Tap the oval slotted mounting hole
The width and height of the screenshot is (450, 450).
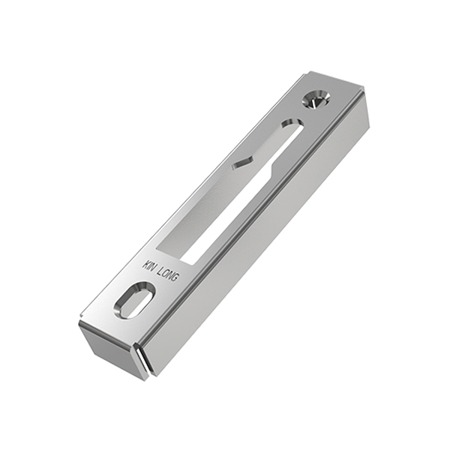tap(134, 300)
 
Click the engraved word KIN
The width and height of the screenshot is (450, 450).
tap(149, 265)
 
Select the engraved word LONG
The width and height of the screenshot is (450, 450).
tap(169, 276)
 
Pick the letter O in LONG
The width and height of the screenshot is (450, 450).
tap(166, 274)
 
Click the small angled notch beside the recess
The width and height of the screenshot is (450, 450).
tap(243, 162)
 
